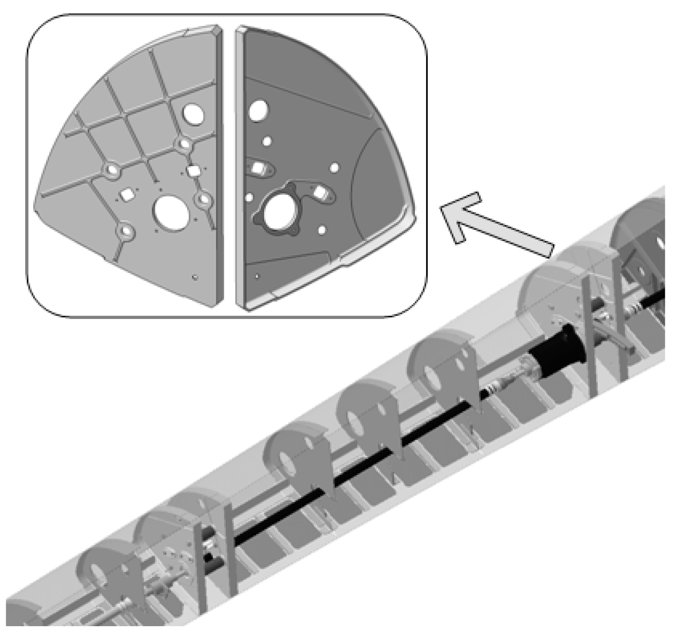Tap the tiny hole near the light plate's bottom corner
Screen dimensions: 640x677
click(x=194, y=277)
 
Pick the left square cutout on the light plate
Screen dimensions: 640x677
click(x=126, y=194)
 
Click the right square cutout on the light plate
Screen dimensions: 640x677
click(x=193, y=170)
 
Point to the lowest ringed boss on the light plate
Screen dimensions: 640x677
click(x=125, y=234)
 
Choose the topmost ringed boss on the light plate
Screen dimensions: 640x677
click(x=182, y=144)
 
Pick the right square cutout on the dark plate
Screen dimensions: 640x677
click(x=319, y=193)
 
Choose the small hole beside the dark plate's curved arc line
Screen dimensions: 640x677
click(x=335, y=167)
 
